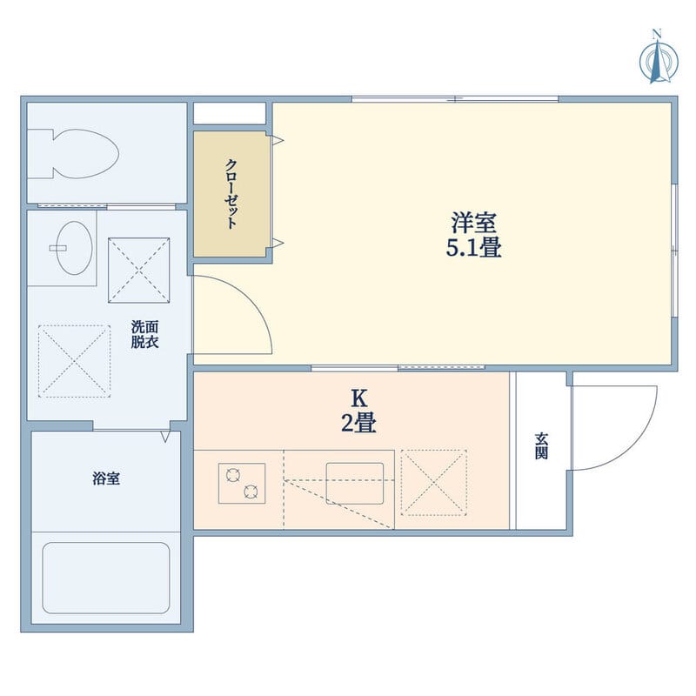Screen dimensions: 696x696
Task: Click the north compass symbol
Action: click(x=659, y=57)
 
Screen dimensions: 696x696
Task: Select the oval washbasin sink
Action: click(x=75, y=248)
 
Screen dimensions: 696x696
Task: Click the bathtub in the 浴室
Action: click(x=106, y=578)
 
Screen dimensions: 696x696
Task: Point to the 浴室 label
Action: click(x=106, y=478)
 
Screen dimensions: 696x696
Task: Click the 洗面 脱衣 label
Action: click(x=144, y=334)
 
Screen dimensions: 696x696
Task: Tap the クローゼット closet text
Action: click(x=231, y=193)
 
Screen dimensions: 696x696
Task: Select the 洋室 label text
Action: click(x=473, y=223)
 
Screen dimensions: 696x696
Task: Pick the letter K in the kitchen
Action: click(x=359, y=399)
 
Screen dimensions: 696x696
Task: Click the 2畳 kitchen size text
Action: click(x=358, y=423)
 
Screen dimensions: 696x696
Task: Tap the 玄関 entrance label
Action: click(x=541, y=445)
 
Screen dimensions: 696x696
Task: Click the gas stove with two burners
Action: click(x=242, y=484)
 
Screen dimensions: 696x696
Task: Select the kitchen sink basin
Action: click(x=355, y=484)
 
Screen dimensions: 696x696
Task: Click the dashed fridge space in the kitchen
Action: click(x=433, y=483)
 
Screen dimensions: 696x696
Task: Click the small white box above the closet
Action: click(x=230, y=113)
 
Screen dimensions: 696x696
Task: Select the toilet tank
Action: click(x=40, y=154)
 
